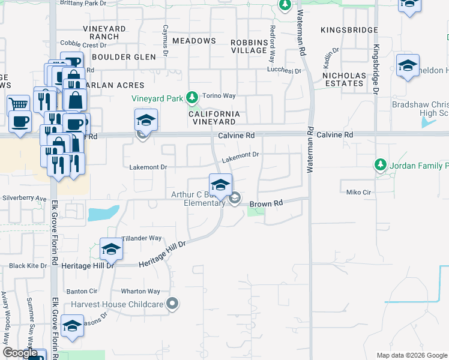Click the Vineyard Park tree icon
pyautogui.click(x=191, y=97)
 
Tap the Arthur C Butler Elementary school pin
pyautogui.click(x=220, y=184)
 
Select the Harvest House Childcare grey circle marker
pyautogui.click(x=173, y=304)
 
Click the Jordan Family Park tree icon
pyautogui.click(x=379, y=164)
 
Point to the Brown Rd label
pyautogui.click(x=266, y=204)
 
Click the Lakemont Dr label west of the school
pyautogui.click(x=148, y=167)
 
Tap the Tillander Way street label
pyautogui.click(x=142, y=238)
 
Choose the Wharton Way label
pyautogui.click(x=140, y=292)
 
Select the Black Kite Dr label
pyautogui.click(x=28, y=266)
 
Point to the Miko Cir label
pyautogui.click(x=360, y=192)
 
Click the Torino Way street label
pyautogui.click(x=218, y=95)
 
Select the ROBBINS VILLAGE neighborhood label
pyautogui.click(x=249, y=46)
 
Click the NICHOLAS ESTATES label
pyautogui.click(x=344, y=79)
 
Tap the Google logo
pyautogui.click(x=20, y=353)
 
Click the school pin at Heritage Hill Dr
pyautogui.click(x=111, y=249)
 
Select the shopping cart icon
pyautogui.click(x=19, y=105)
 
